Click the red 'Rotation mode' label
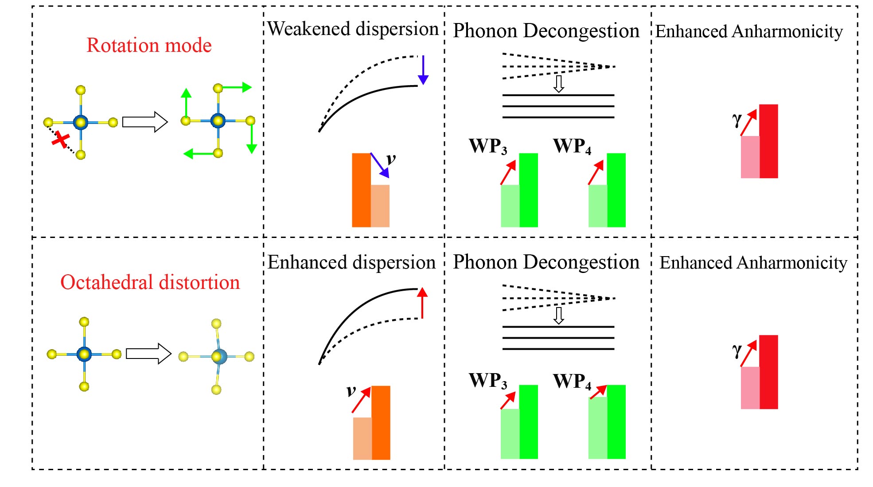pyautogui.click(x=149, y=45)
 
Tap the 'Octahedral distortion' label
pyautogui.click(x=150, y=282)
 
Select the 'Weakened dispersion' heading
pyautogui.click(x=353, y=29)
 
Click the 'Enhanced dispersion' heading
pyautogui.click(x=351, y=262)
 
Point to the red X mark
pyautogui.click(x=60, y=140)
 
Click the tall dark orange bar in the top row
pyautogui.click(x=361, y=190)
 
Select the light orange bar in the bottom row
pyautogui.click(x=362, y=438)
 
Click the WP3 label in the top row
pyautogui.click(x=487, y=146)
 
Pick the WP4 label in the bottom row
pyautogui.click(x=572, y=381)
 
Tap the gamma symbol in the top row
pyautogui.click(x=737, y=119)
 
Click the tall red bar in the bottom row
pyautogui.click(x=768, y=372)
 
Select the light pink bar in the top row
pyautogui.click(x=750, y=157)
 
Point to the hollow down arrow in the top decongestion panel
pyautogui.click(x=559, y=84)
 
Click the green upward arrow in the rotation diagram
pyautogui.click(x=186, y=105)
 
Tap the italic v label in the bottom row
pyautogui.click(x=351, y=391)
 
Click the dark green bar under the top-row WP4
pyautogui.click(x=616, y=190)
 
